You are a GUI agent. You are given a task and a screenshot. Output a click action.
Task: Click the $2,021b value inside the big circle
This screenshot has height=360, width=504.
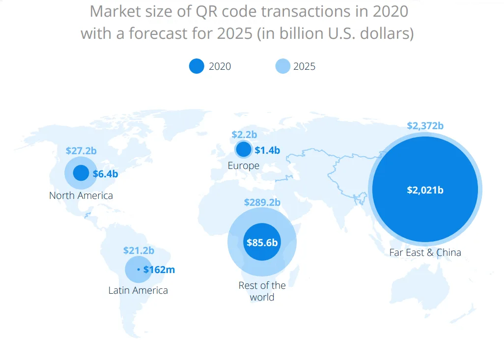(425, 190)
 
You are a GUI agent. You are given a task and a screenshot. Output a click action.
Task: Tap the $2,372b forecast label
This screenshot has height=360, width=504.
(425, 126)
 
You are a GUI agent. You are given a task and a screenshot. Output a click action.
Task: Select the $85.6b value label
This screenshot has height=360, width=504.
(262, 242)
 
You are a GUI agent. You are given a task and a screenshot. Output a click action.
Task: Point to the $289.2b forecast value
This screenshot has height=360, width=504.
(262, 202)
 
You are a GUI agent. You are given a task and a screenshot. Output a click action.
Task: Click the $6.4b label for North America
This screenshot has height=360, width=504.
(105, 173)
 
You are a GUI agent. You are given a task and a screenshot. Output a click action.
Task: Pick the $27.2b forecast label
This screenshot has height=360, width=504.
(81, 150)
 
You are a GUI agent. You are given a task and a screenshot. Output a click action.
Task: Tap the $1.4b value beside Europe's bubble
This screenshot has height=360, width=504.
(267, 150)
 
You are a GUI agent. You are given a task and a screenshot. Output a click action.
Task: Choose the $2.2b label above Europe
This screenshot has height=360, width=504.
(244, 134)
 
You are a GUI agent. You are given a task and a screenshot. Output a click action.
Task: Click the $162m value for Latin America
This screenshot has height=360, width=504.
(159, 270)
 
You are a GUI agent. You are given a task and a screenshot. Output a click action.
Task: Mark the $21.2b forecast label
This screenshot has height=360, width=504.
(139, 250)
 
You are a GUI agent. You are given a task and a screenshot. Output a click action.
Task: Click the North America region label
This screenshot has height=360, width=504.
(81, 195)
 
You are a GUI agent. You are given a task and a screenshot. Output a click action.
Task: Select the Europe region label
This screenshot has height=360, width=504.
(244, 166)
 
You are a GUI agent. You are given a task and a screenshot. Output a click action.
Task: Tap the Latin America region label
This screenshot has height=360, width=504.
(138, 290)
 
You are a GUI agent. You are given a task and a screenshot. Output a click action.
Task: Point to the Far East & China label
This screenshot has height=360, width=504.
(425, 253)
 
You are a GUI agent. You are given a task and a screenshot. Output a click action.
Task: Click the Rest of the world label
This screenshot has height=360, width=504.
(262, 291)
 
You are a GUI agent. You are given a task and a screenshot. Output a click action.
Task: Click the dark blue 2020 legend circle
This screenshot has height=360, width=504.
(196, 66)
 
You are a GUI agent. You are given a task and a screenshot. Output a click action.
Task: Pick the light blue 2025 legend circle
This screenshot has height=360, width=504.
(283, 66)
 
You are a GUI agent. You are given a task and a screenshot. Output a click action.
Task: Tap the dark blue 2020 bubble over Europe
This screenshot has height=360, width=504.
(243, 149)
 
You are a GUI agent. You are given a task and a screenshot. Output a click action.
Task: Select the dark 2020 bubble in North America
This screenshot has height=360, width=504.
(81, 173)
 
